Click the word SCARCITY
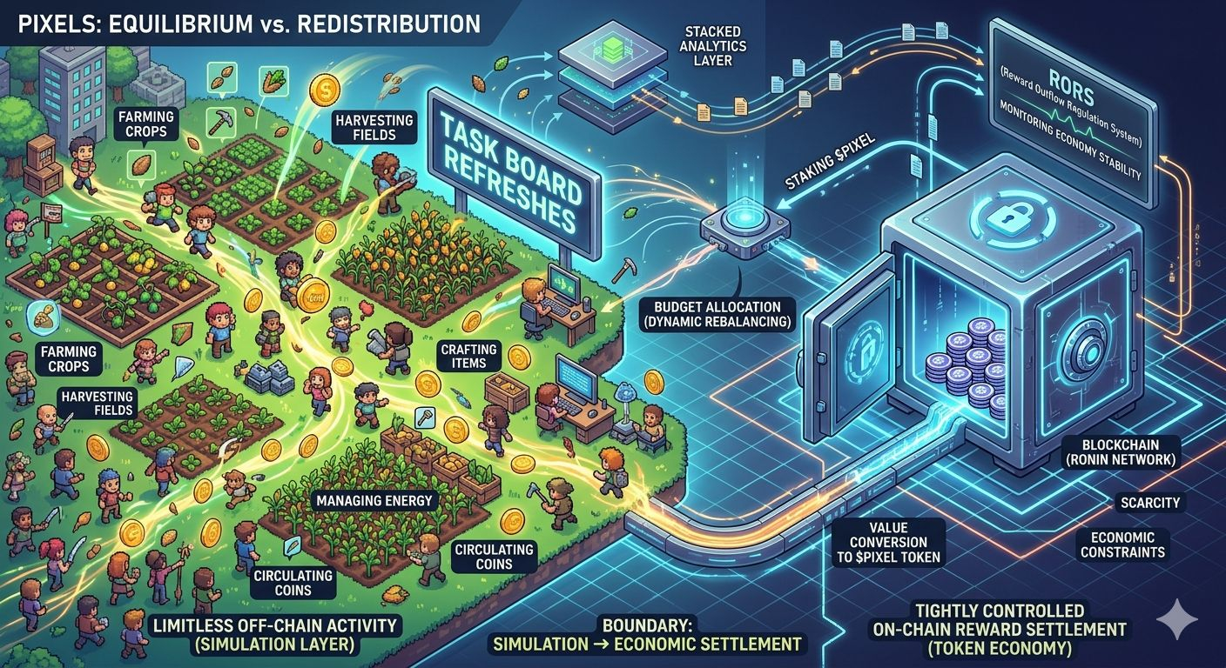click(x=1149, y=503)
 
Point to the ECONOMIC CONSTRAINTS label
click(x=1122, y=545)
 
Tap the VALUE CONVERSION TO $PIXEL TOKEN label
click(x=886, y=542)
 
